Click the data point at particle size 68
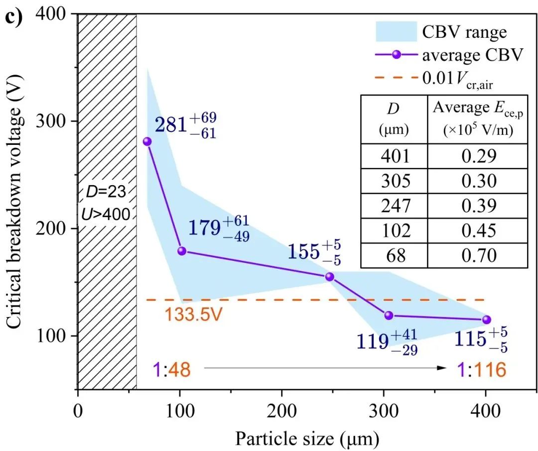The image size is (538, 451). (x=147, y=141)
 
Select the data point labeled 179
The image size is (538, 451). (x=182, y=251)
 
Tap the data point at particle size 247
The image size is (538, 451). (x=329, y=277)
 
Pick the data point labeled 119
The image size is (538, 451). (x=389, y=315)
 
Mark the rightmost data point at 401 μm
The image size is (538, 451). (x=487, y=320)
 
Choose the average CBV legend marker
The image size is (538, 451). (x=397, y=55)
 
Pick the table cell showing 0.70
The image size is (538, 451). (x=477, y=256)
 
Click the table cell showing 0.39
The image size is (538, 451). (x=477, y=206)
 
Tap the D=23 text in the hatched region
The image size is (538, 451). (x=107, y=191)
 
